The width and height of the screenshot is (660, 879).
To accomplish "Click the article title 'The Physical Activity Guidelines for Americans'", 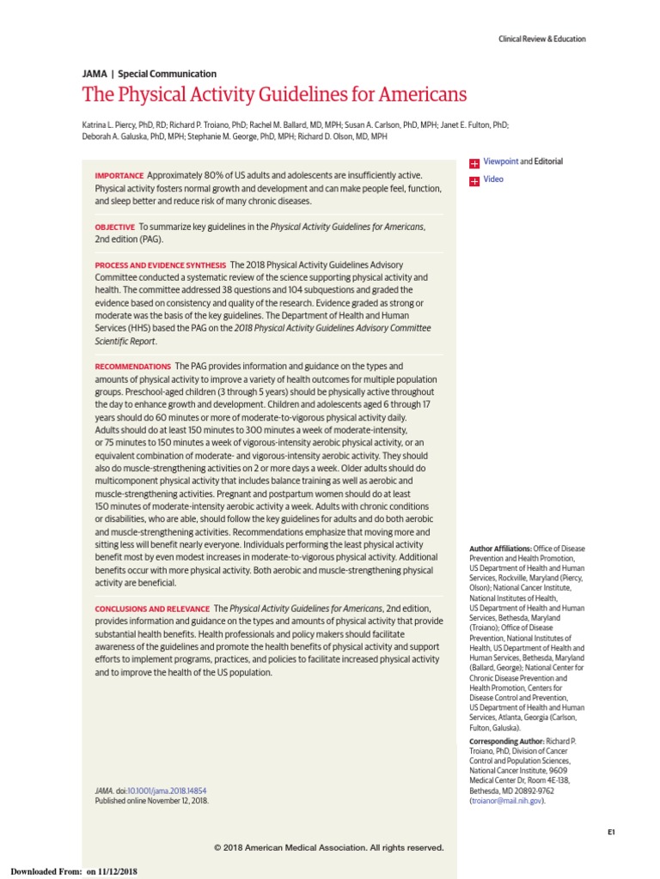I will (x=274, y=94).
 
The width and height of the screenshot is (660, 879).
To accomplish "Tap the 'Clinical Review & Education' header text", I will (x=542, y=39).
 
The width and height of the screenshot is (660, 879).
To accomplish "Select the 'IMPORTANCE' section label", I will (x=119, y=176).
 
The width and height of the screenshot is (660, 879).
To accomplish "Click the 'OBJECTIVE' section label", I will (x=115, y=227).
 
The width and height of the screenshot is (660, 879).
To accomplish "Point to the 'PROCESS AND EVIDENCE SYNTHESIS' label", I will (x=161, y=265).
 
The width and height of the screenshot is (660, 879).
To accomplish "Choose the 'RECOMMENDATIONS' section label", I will (x=133, y=367).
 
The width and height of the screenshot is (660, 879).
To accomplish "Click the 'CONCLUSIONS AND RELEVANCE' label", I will (x=152, y=609).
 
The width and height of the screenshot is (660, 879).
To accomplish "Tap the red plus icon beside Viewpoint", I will (x=474, y=162).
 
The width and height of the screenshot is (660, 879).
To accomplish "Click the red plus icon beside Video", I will (x=474, y=180).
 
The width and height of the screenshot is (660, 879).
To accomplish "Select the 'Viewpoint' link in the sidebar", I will (x=501, y=161).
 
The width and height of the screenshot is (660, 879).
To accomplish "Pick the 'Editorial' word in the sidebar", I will (x=548, y=161).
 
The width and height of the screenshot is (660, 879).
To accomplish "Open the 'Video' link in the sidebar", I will (x=493, y=179).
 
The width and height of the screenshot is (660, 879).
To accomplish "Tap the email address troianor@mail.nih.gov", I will (x=506, y=800).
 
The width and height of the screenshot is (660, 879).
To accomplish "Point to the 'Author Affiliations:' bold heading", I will (x=500, y=548).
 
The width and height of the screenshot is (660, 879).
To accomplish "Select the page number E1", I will (x=611, y=832).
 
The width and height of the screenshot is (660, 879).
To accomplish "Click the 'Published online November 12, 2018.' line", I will (x=151, y=800).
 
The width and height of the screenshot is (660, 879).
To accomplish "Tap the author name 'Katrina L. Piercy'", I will (x=112, y=124).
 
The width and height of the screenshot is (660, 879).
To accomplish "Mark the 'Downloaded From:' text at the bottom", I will (x=46, y=871).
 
